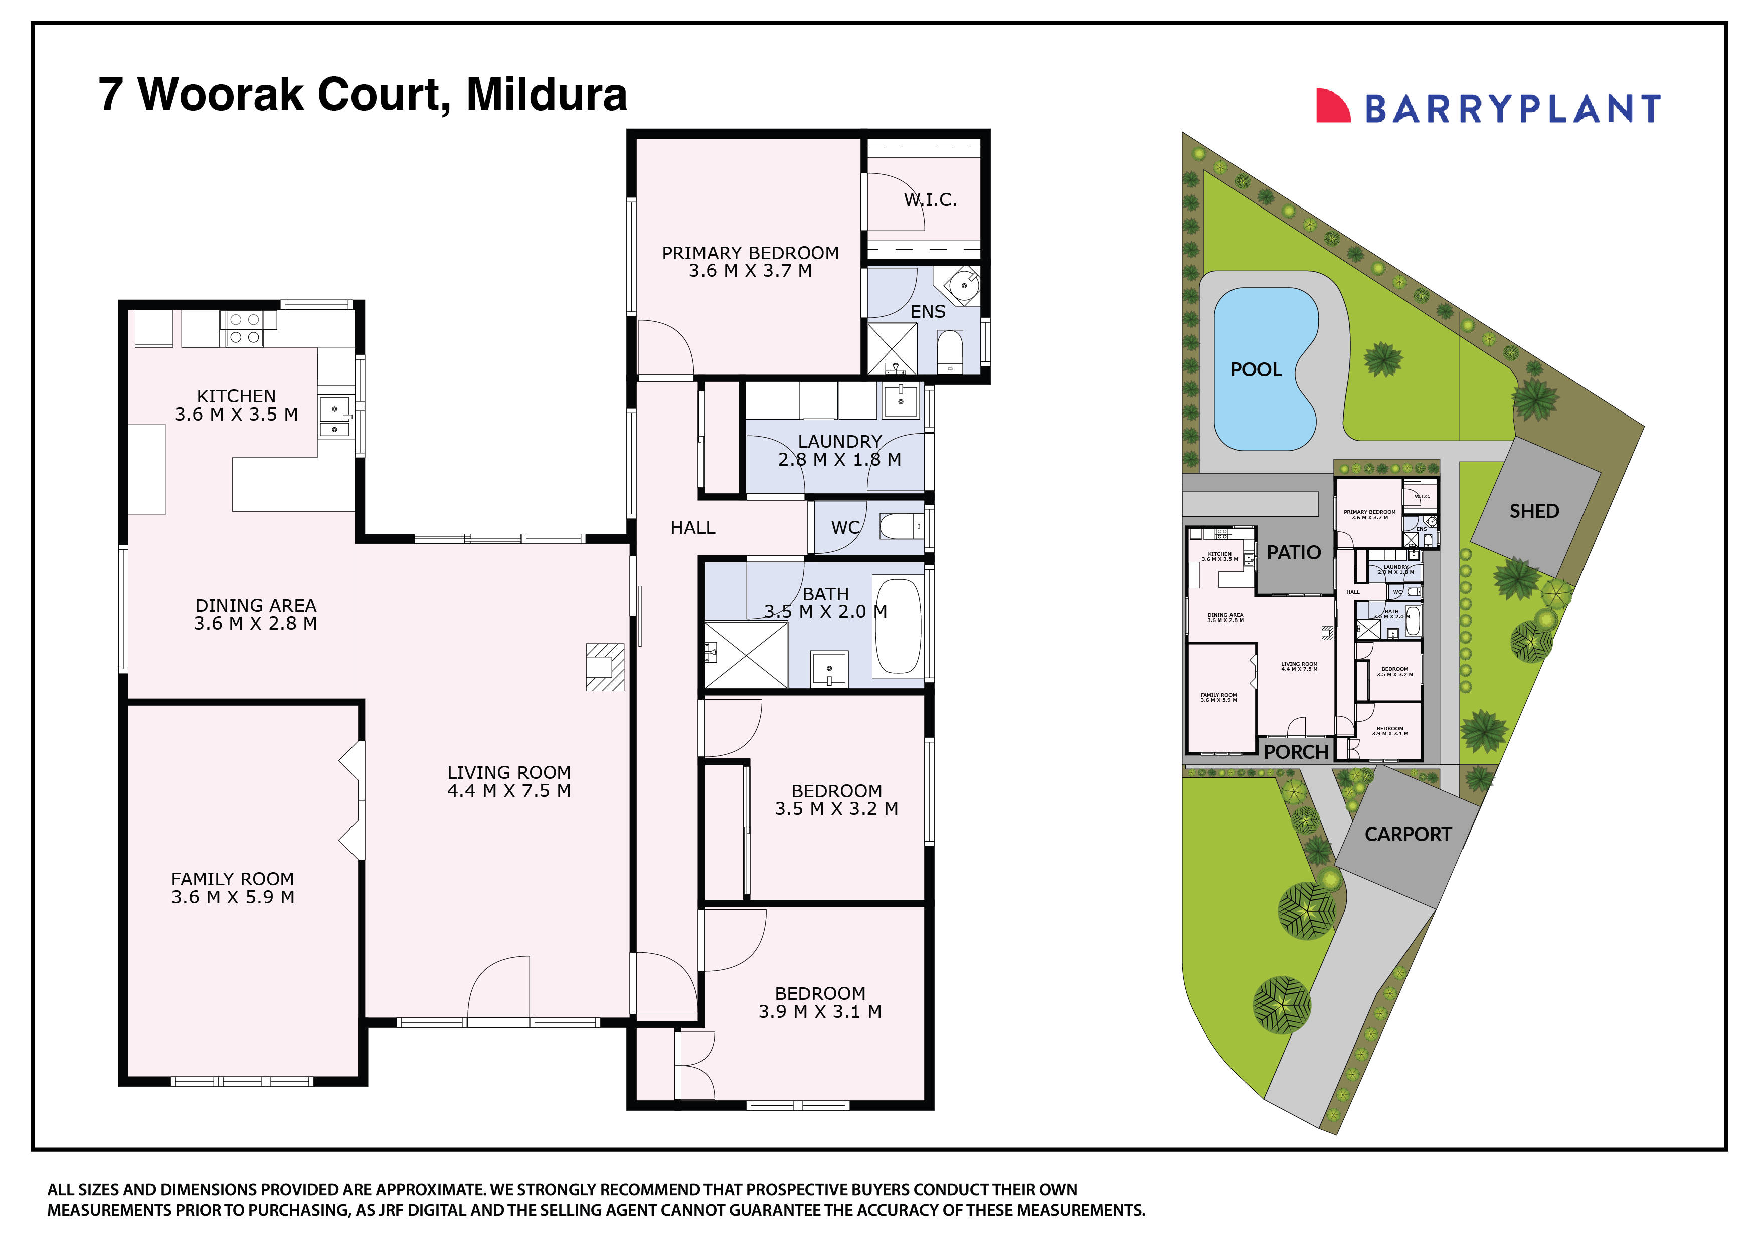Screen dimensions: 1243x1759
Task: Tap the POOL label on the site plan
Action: click(1255, 370)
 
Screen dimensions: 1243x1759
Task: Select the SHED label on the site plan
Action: click(1534, 511)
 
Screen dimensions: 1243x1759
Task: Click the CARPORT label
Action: click(1408, 834)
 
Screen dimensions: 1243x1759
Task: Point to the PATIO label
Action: click(1293, 552)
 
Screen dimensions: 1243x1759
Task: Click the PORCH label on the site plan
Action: click(1296, 752)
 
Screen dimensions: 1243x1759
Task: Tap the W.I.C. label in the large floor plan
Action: click(930, 200)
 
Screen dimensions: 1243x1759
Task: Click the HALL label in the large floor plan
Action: click(692, 528)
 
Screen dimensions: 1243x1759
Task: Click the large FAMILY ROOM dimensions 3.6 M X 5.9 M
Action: click(233, 897)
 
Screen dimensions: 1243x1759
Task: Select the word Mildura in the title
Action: click(546, 94)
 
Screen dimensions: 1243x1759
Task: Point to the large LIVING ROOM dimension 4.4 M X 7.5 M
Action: click(509, 791)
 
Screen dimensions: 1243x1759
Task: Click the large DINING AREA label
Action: click(255, 606)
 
